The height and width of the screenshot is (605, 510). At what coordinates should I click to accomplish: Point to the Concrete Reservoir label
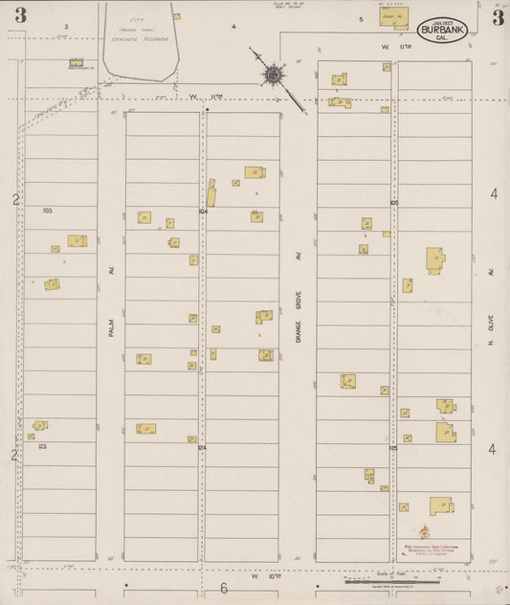tap(140, 39)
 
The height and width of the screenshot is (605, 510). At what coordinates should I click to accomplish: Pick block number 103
tap(47, 209)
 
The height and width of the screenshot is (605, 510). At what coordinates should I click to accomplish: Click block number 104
tap(203, 210)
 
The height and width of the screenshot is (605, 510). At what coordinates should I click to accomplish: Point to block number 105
tap(393, 203)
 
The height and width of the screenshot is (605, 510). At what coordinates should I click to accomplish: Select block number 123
tap(42, 446)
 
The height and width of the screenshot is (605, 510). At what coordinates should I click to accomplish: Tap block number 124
tap(202, 447)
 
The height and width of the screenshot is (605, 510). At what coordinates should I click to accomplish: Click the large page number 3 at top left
tap(20, 15)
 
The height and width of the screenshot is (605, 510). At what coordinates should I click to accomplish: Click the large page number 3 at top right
tap(498, 16)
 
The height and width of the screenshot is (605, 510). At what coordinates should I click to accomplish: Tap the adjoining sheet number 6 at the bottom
tap(224, 588)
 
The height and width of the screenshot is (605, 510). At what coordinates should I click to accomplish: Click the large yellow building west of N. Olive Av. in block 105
tap(435, 259)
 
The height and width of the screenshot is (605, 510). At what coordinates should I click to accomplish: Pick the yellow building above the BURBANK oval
tap(393, 16)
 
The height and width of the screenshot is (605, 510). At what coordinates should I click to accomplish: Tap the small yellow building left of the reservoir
tap(77, 63)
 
